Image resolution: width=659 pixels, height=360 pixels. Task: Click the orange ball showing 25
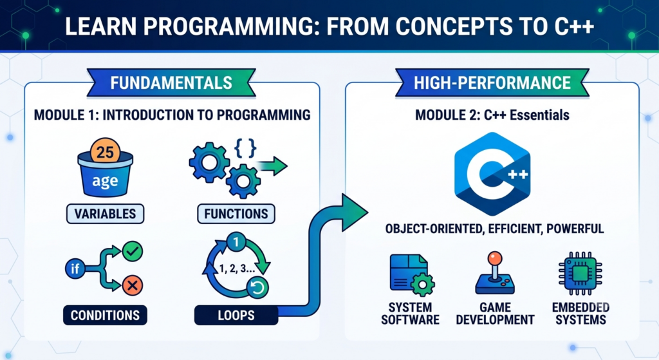tap(105, 151)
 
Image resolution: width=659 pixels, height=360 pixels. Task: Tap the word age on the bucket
tap(105, 181)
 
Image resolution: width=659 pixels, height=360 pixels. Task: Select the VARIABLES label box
tap(105, 214)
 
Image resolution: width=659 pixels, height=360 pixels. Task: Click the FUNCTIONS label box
tap(236, 214)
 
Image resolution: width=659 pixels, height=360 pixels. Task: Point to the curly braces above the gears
tap(245, 148)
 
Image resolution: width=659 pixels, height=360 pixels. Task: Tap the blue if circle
tap(75, 269)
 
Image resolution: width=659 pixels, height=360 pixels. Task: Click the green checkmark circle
tap(133, 252)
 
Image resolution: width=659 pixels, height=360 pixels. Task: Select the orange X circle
tap(133, 285)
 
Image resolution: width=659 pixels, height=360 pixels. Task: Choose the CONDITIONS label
tap(105, 315)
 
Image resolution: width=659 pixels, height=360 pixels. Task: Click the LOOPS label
tap(236, 315)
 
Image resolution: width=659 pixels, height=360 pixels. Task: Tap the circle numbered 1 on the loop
tap(236, 242)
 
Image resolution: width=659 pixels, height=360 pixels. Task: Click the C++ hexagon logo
tap(492, 174)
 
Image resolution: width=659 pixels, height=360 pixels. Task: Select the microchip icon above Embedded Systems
tap(580, 273)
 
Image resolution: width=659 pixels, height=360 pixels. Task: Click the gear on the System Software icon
tap(422, 285)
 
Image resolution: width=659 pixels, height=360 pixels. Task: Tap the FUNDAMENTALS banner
tap(171, 83)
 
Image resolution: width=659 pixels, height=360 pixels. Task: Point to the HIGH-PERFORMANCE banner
tap(492, 83)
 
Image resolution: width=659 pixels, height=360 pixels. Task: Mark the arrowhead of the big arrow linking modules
tap(354, 213)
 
